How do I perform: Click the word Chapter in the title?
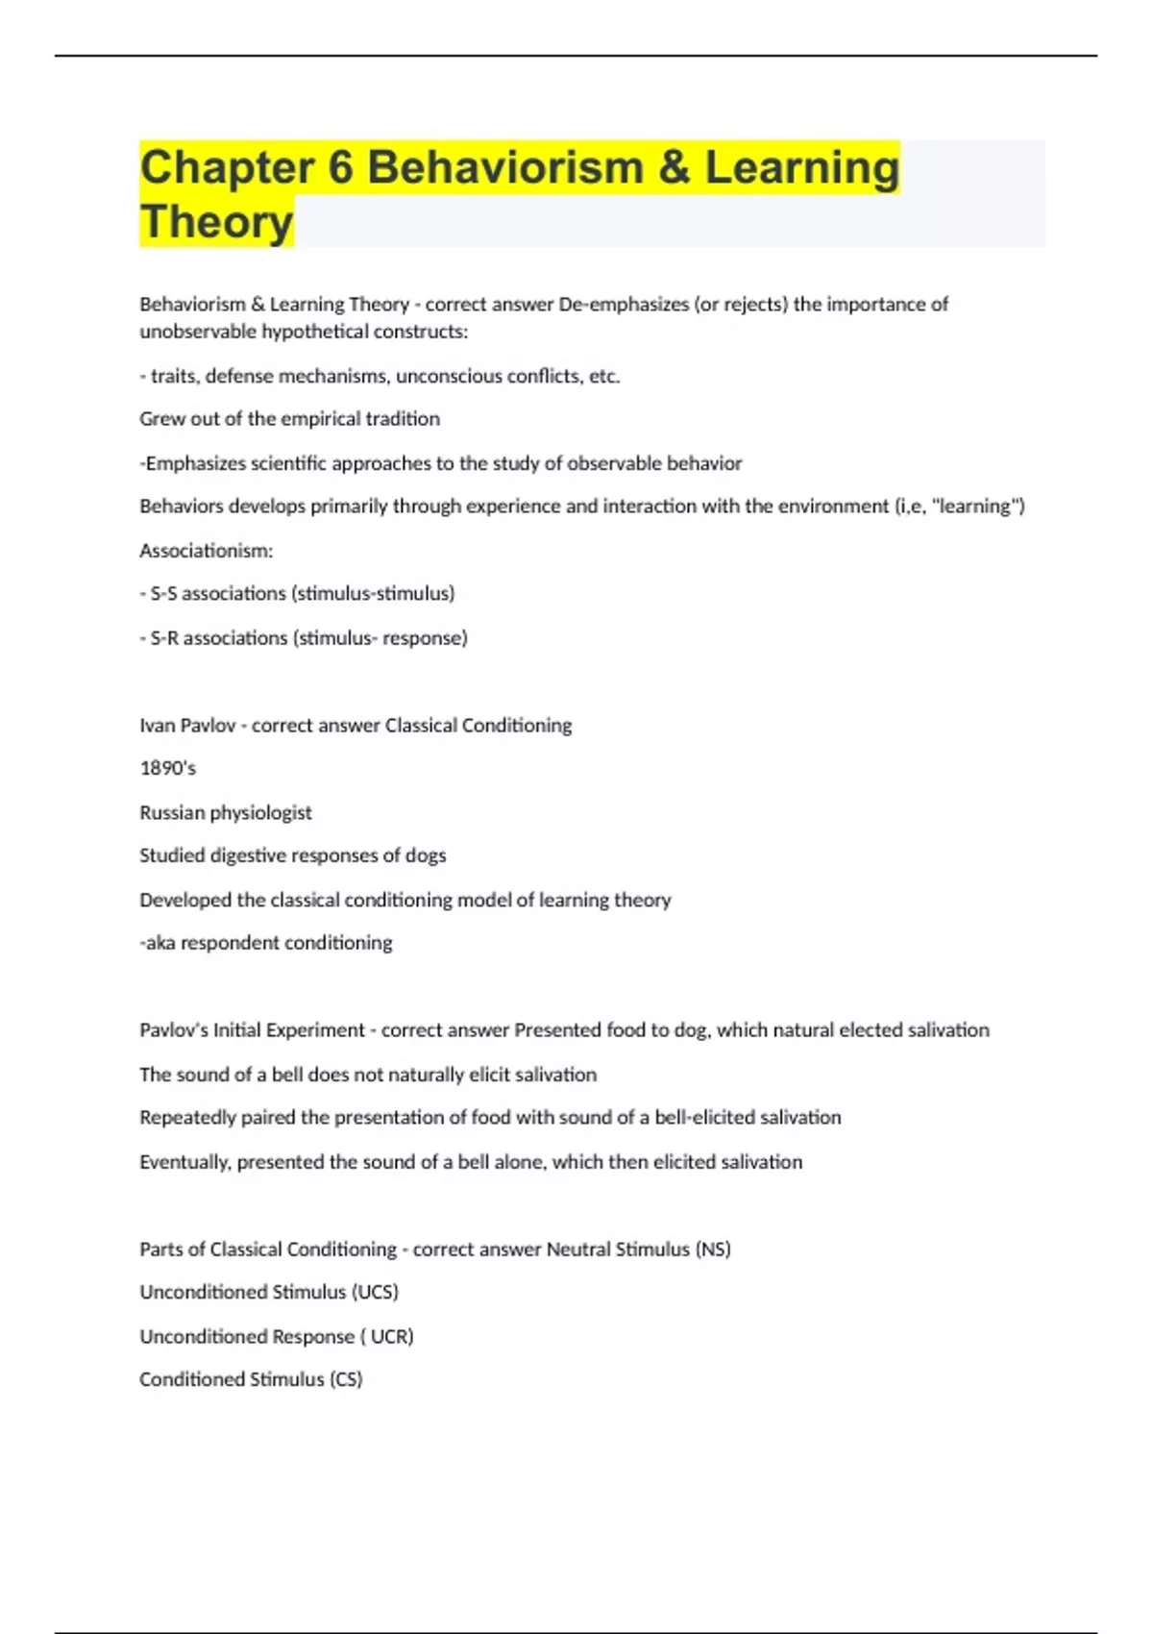tap(227, 168)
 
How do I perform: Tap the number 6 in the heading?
tap(341, 168)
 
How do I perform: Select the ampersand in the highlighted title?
tap(675, 168)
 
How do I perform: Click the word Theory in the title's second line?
tap(216, 222)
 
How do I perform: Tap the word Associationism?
tap(207, 551)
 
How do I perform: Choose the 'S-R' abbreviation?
tap(164, 638)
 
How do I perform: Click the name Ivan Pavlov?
tap(187, 726)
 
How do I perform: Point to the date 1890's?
tap(167, 768)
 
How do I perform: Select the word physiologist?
tap(260, 812)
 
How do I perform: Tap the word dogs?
tap(426, 855)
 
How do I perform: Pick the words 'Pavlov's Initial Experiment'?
tap(252, 1030)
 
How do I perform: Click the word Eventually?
tap(184, 1162)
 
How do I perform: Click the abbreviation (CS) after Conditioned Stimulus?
tap(346, 1379)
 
